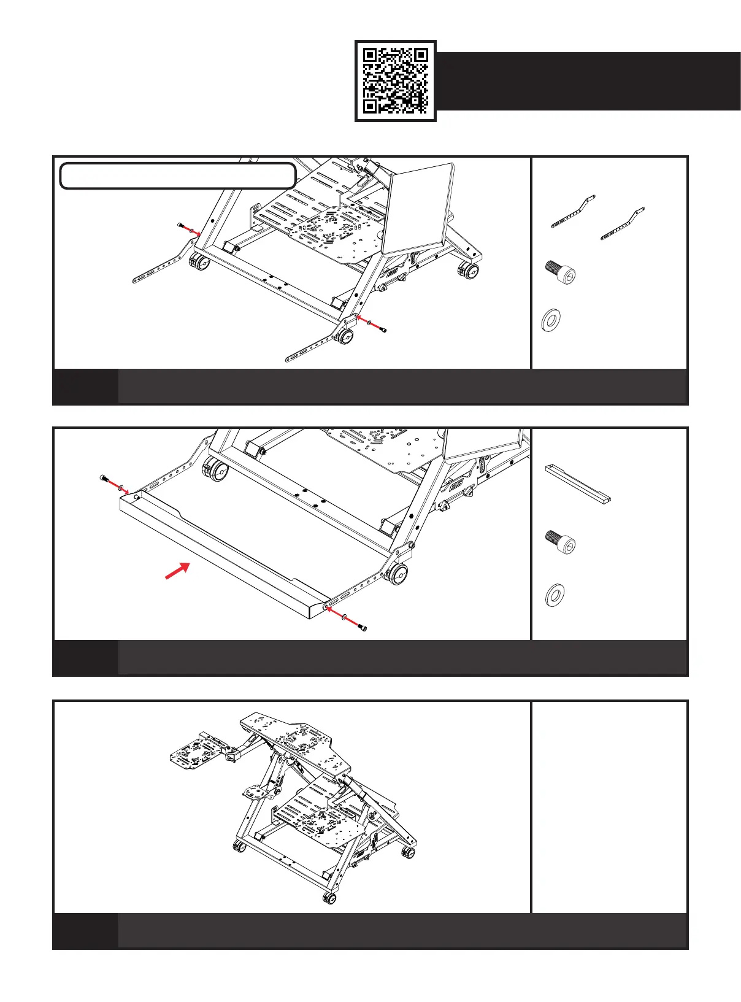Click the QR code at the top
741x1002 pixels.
coord(396,81)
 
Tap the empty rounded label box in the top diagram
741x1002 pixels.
coord(178,175)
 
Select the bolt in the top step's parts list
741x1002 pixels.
coord(561,272)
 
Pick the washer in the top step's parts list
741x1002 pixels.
coord(552,320)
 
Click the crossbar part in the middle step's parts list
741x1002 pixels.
coord(578,484)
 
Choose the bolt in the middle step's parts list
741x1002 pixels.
coord(561,543)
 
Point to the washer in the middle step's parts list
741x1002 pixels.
coord(555,594)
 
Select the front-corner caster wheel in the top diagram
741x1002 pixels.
coord(344,336)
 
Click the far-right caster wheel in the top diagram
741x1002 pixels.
coord(470,270)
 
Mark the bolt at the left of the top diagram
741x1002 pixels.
coord(180,226)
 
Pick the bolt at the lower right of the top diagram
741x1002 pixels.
coord(383,330)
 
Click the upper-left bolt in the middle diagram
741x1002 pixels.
coord(103,478)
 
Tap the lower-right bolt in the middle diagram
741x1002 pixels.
coord(363,627)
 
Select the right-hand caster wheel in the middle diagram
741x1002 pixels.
coord(397,575)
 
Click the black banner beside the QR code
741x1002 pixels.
coord(588,81)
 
